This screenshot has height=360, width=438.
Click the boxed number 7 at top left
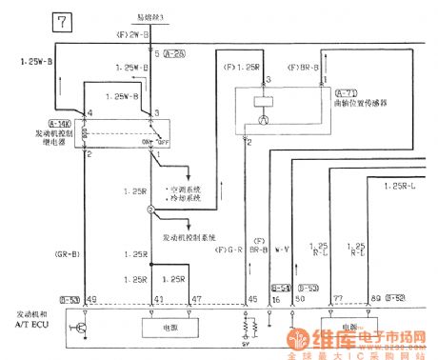click(x=62, y=21)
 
